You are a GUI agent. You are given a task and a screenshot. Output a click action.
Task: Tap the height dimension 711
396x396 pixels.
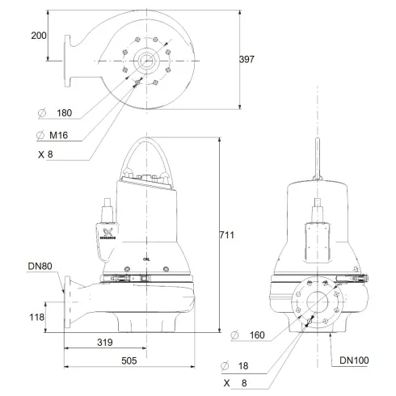point(226,235)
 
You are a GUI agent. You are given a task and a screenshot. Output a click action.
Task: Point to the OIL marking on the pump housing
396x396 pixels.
point(145,259)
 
